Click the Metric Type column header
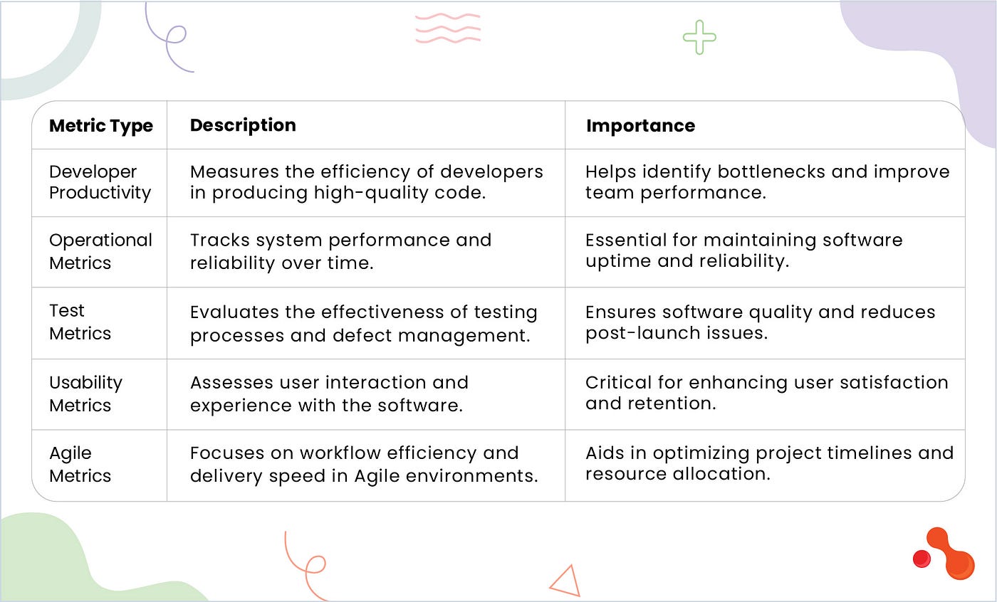[x=101, y=126]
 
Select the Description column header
[x=243, y=125]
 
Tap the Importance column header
[x=640, y=126]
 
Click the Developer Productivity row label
[x=100, y=182]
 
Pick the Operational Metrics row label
[x=100, y=251]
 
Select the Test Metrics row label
[x=80, y=322]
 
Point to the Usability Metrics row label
[x=86, y=394]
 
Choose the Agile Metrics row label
[x=80, y=465]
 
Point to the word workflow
[x=340, y=453]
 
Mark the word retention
[x=672, y=403]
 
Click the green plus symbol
[x=699, y=37]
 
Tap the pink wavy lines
[x=448, y=28]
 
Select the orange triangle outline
[x=565, y=581]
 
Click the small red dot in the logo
[x=922, y=559]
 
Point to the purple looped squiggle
[x=168, y=38]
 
